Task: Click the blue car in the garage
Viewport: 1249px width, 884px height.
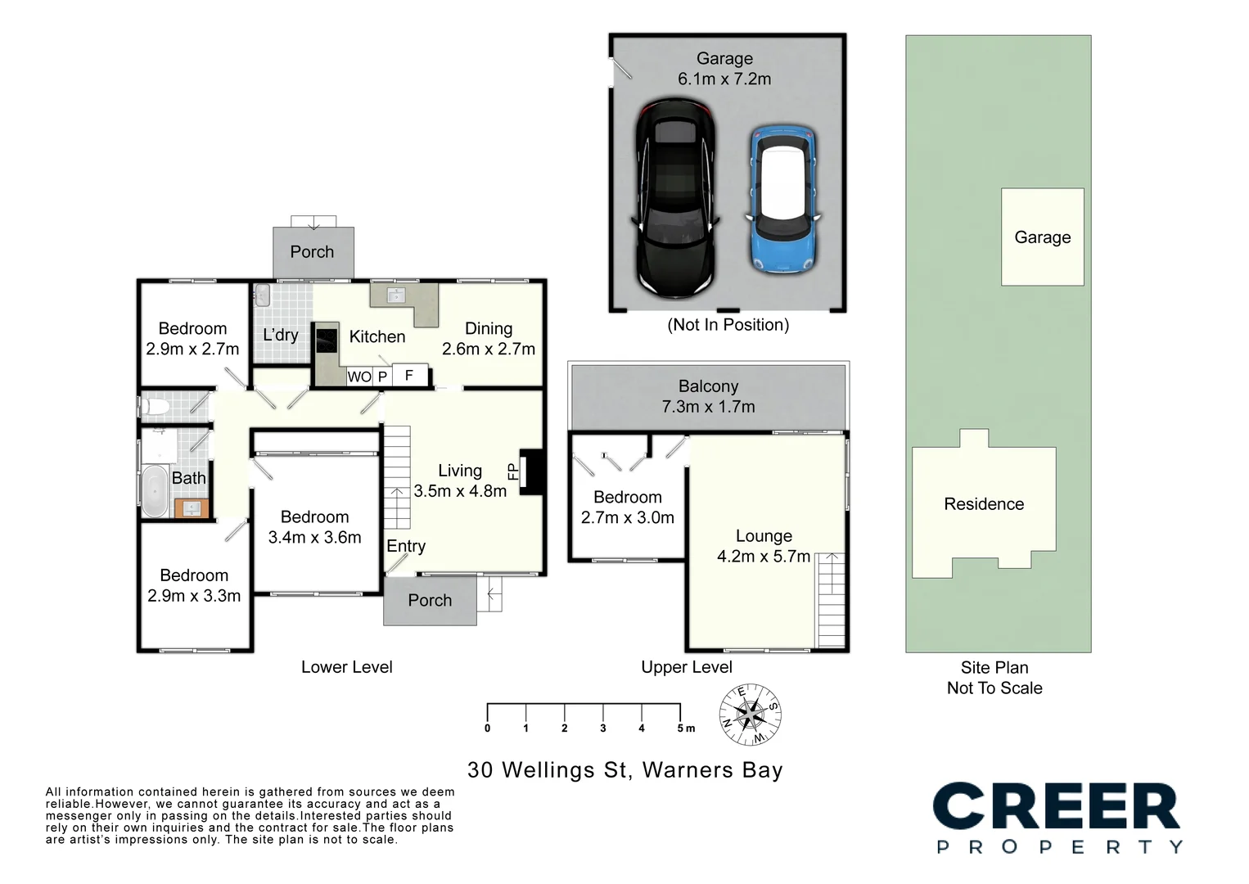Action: tap(783, 199)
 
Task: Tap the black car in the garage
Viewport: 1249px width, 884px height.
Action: tap(675, 198)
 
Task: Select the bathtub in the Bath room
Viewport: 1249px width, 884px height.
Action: tap(155, 491)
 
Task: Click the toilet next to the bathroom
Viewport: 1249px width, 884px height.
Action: tap(156, 407)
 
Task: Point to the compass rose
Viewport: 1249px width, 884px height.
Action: tap(750, 715)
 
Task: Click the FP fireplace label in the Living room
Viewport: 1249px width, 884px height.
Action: tap(513, 471)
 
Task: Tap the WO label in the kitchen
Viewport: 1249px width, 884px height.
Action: tap(358, 377)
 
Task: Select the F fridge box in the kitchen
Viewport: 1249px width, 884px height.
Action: tap(409, 376)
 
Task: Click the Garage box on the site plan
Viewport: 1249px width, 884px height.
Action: tap(1042, 237)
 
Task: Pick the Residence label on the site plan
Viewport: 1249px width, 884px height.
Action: tap(984, 504)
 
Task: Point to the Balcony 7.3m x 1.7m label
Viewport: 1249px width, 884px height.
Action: tap(708, 396)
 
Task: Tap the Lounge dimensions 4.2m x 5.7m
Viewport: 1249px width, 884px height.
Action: tap(763, 557)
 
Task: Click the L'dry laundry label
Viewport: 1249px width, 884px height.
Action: tap(280, 335)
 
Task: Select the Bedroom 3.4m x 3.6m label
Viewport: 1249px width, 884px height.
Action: tap(314, 527)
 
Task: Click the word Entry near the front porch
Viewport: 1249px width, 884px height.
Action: tap(406, 546)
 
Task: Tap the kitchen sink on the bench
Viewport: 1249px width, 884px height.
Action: tap(397, 295)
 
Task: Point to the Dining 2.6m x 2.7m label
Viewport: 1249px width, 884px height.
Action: tap(489, 339)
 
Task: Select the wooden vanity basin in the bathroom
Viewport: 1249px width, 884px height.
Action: tap(192, 508)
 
